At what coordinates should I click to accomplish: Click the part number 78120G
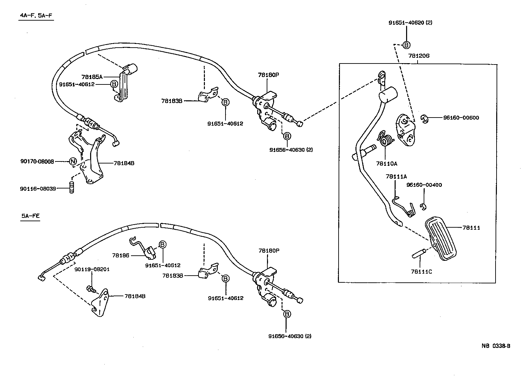(419, 56)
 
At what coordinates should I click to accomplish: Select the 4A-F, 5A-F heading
(36, 16)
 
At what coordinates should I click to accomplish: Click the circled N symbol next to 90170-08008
(73, 161)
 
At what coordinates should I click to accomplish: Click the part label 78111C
(421, 271)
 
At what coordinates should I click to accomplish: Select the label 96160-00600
(461, 118)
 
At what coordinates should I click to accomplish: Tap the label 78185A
(92, 77)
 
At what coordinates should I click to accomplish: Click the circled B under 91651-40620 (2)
(406, 45)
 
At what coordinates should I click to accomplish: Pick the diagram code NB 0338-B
(496, 346)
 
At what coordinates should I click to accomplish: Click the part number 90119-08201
(92, 269)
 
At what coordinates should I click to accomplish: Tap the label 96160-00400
(424, 185)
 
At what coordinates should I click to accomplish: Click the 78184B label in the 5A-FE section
(135, 296)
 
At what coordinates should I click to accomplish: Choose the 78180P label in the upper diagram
(269, 75)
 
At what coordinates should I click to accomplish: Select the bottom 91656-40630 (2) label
(290, 336)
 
